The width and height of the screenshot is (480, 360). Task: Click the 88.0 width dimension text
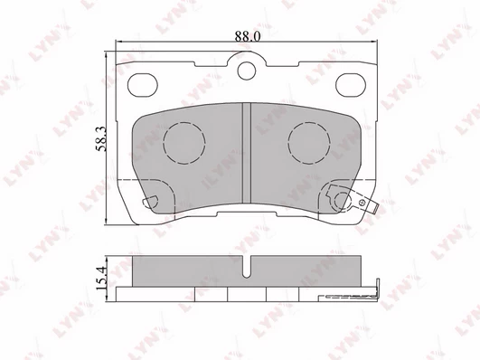(x=248, y=36)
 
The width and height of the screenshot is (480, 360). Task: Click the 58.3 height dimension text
(x=101, y=138)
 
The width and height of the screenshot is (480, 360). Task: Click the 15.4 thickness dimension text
(x=101, y=278)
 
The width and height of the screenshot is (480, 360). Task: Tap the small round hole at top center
(x=247, y=71)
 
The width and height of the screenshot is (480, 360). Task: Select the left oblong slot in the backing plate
(x=142, y=85)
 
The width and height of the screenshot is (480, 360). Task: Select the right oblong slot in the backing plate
(x=351, y=85)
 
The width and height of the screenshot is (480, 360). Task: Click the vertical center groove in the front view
(x=247, y=153)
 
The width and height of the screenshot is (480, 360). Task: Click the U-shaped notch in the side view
(x=247, y=268)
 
